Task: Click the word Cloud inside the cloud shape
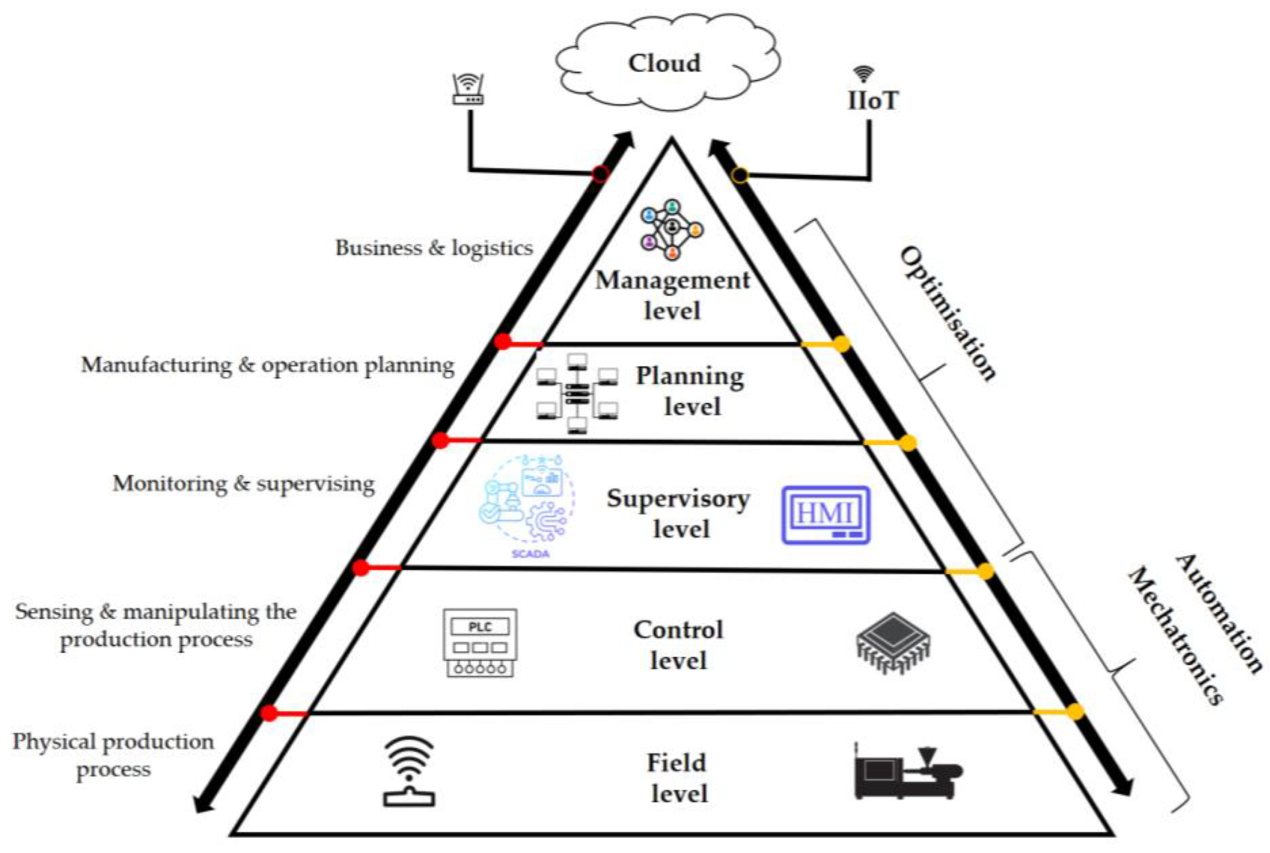(664, 63)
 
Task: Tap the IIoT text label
(872, 101)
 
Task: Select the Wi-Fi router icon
(468, 89)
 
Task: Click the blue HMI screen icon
(826, 515)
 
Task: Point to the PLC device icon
(479, 643)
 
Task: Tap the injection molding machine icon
(907, 772)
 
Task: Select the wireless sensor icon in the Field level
(409, 772)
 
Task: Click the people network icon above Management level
(672, 229)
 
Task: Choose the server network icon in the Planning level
(577, 393)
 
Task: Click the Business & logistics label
(434, 248)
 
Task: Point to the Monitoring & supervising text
(243, 483)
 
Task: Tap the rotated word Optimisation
(947, 314)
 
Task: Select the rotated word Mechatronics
(1174, 636)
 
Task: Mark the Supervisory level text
(679, 514)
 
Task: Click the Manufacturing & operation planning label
(267, 365)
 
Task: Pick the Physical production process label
(113, 755)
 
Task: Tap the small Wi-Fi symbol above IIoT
(863, 74)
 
